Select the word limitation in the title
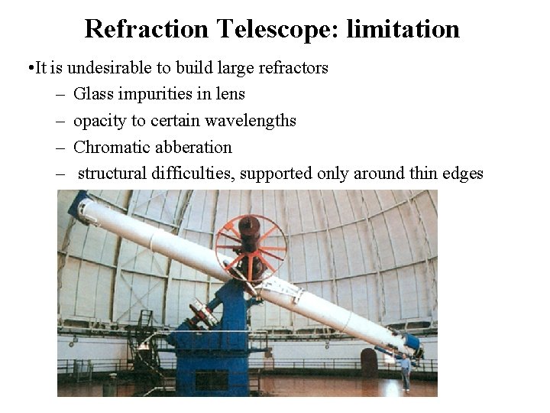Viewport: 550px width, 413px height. point(403,29)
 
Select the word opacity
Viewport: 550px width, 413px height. point(97,120)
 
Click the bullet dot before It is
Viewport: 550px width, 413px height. point(27,68)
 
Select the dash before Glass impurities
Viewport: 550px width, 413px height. point(60,94)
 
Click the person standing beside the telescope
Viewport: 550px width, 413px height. point(405,370)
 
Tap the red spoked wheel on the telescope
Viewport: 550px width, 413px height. point(250,247)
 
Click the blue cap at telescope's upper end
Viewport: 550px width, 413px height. point(76,202)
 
